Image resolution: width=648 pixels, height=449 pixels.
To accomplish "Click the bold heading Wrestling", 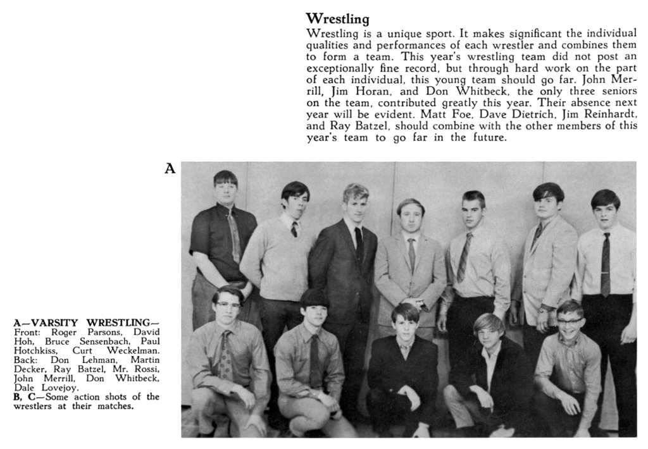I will pos(337,19).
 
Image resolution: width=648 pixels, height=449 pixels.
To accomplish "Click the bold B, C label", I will pos(25,397).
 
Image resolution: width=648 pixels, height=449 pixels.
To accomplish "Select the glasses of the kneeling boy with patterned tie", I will pos(228,305).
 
